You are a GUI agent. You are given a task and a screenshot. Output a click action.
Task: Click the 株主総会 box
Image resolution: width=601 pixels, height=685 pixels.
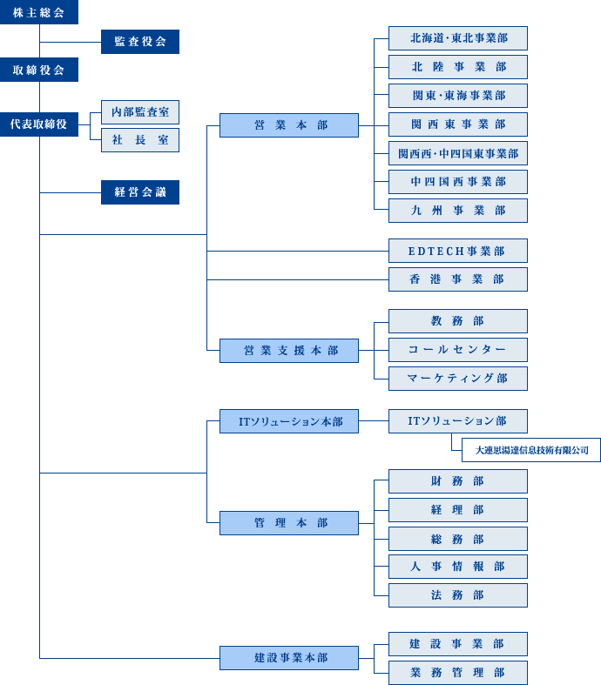pyautogui.click(x=39, y=12)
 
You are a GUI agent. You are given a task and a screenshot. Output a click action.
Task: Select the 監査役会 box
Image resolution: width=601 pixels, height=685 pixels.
pyautogui.click(x=140, y=42)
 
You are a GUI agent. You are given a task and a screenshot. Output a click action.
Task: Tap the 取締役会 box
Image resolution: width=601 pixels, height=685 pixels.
pyautogui.click(x=39, y=70)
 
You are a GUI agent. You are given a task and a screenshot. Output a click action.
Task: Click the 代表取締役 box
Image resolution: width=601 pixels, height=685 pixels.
pyautogui.click(x=39, y=125)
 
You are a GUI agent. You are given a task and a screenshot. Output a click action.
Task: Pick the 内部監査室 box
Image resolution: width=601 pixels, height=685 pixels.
pyautogui.click(x=140, y=111)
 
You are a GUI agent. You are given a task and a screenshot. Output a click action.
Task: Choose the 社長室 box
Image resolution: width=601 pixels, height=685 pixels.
pyautogui.click(x=140, y=140)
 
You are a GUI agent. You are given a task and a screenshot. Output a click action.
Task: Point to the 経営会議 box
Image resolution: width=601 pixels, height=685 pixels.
pyautogui.click(x=140, y=192)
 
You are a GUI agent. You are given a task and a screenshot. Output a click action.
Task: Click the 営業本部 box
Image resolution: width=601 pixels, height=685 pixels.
pyautogui.click(x=288, y=125)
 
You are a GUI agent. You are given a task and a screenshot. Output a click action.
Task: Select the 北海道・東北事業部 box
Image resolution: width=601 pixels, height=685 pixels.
pyautogui.click(x=457, y=38)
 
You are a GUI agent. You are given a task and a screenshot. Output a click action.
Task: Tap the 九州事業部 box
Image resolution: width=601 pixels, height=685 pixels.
pyautogui.click(x=457, y=211)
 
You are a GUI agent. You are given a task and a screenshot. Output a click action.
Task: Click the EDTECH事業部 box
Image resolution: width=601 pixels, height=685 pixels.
pyautogui.click(x=457, y=251)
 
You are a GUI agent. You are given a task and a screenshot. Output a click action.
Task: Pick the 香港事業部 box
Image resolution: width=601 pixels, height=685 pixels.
pyautogui.click(x=457, y=279)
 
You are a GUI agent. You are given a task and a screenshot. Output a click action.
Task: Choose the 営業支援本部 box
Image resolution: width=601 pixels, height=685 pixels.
pyautogui.click(x=288, y=351)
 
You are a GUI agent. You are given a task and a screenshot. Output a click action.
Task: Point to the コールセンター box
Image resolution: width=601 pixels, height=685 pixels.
pyautogui.click(x=457, y=350)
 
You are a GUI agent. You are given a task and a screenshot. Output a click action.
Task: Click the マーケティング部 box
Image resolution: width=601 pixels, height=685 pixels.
pyautogui.click(x=457, y=379)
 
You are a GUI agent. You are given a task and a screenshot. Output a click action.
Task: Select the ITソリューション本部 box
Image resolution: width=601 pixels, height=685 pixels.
pyautogui.click(x=288, y=422)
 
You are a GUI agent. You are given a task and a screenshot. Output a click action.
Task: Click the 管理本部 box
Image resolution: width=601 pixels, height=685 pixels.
pyautogui.click(x=288, y=523)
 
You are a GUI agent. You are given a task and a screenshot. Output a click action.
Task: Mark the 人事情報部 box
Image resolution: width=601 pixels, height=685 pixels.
pyautogui.click(x=457, y=567)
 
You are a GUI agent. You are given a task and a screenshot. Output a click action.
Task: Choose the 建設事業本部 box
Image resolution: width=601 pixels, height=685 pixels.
pyautogui.click(x=288, y=658)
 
